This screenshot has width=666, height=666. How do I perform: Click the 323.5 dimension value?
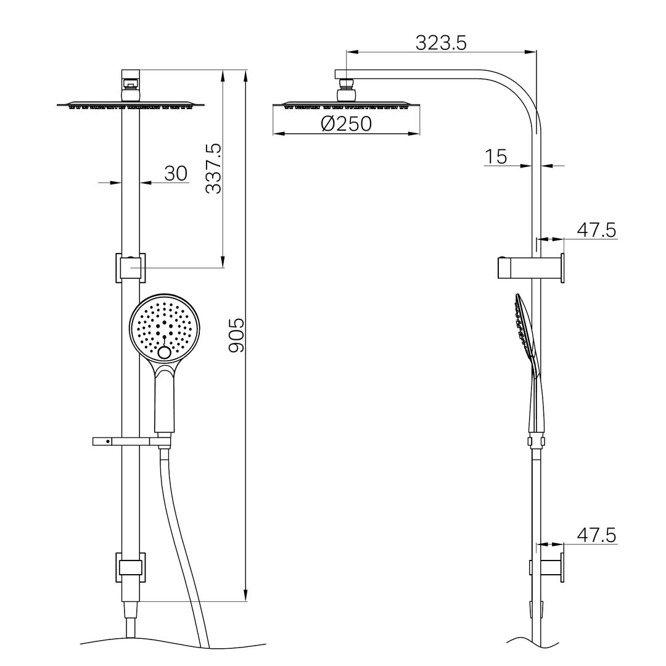(x=441, y=43)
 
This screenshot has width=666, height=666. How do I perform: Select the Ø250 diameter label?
(x=347, y=123)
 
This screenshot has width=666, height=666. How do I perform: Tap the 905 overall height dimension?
(x=236, y=335)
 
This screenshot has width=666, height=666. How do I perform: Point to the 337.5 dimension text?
(x=213, y=168)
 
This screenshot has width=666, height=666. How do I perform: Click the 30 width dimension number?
(x=176, y=173)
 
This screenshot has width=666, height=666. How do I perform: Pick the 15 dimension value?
(x=495, y=157)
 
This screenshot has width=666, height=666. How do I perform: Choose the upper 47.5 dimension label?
(x=596, y=230)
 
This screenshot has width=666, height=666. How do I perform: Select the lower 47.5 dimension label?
(x=596, y=535)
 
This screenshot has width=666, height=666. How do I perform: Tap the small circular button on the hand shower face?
(x=165, y=353)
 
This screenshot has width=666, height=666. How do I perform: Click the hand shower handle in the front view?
(x=165, y=401)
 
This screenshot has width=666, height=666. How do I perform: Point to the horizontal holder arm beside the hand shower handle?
(x=123, y=442)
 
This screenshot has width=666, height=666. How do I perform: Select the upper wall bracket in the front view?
(x=131, y=268)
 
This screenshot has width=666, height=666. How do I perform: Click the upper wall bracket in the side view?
(x=530, y=268)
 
